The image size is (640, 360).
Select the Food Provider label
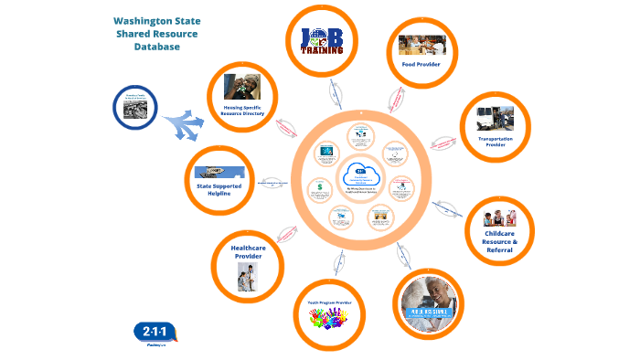pyautogui.click(x=421, y=65)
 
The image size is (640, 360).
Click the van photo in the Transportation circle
pyautogui.click(x=495, y=118)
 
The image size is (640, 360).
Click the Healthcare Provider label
pyautogui.click(x=247, y=252)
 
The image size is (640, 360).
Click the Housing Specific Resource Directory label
pyautogui.click(x=242, y=110)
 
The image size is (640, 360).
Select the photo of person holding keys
pyautogui.click(x=242, y=87)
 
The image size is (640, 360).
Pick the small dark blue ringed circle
pyautogui.click(x=136, y=108)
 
